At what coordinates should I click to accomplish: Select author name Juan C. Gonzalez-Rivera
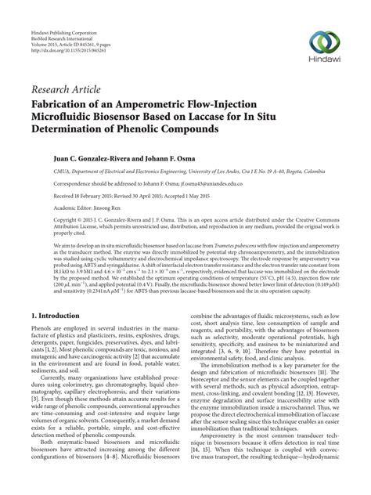point(74,157)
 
